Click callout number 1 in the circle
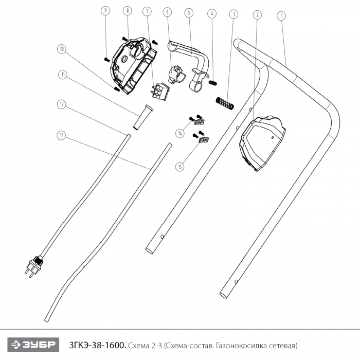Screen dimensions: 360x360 click(281, 15)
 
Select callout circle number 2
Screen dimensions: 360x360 click(256, 15)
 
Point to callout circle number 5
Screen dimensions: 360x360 click(189, 12)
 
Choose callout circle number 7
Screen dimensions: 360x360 click(148, 11)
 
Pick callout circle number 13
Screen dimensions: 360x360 click(62, 135)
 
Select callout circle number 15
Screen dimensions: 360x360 click(180, 166)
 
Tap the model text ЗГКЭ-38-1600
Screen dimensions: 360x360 click(97, 344)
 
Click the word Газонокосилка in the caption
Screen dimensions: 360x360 click(242, 344)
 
